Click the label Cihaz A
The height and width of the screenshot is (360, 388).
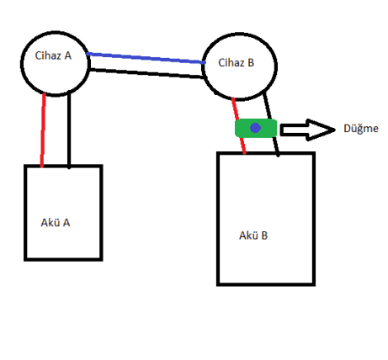53,56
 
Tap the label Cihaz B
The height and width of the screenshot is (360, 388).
236,62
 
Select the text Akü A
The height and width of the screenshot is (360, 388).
56,222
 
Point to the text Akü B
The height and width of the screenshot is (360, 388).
253,236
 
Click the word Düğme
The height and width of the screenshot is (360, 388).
361,129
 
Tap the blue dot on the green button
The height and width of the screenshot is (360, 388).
255,128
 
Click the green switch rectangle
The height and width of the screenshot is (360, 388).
256,128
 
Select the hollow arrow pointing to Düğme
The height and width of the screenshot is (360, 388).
307,130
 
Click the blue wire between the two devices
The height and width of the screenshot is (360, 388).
146,58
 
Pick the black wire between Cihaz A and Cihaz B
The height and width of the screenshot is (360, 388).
146,73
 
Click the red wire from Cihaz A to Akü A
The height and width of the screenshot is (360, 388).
43,130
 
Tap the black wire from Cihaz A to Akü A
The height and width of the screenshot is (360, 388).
69,130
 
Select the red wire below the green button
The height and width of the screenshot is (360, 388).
243,146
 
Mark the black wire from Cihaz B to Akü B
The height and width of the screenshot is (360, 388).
272,124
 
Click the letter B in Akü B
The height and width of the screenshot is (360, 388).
264,236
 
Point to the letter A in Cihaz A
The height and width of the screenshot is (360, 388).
68,56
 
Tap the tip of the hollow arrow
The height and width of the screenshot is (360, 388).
335,130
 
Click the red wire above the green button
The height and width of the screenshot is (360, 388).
235,109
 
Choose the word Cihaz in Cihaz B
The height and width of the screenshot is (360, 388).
231,62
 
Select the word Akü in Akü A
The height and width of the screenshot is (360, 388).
50,222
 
